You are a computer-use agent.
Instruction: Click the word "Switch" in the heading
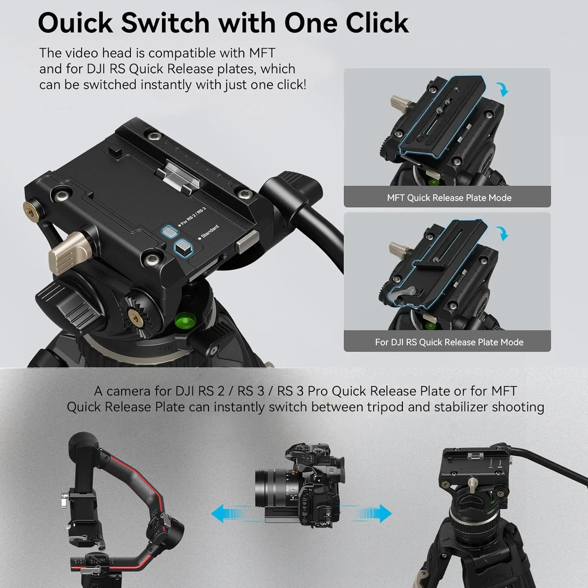165,23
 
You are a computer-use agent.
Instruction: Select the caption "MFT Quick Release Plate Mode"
449,198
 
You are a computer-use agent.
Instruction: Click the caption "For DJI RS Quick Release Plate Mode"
449,342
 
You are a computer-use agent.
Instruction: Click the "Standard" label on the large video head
209,232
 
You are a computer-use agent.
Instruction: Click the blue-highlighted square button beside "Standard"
183,248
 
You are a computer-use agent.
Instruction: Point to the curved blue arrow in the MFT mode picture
503,89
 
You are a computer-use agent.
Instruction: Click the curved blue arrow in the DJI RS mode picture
503,233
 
